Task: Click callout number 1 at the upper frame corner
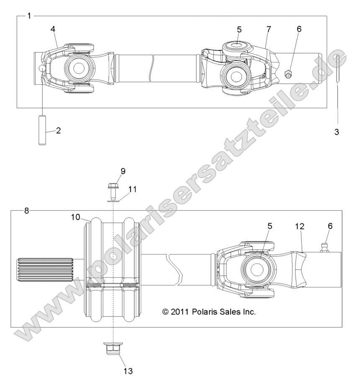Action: [29, 16]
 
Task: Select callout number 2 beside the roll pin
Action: [58, 130]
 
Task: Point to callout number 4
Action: [53, 29]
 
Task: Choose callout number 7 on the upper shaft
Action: [268, 29]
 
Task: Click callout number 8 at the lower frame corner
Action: [26, 210]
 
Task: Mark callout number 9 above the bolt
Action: [111, 171]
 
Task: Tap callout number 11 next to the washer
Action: [132, 189]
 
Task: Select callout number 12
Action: [299, 226]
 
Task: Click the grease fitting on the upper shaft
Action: [288, 75]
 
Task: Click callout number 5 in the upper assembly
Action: [239, 29]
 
